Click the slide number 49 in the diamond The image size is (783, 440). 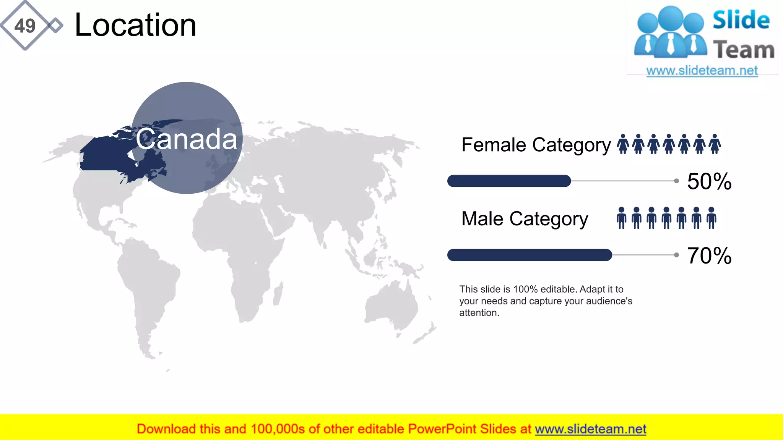click(x=25, y=26)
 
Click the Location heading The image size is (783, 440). click(x=135, y=25)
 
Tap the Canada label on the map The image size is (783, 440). click(x=187, y=139)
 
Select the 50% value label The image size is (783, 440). click(x=709, y=181)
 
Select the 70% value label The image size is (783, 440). click(x=709, y=256)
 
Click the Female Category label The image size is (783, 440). click(x=536, y=145)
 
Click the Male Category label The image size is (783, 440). click(x=525, y=219)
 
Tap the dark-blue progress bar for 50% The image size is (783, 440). click(x=509, y=181)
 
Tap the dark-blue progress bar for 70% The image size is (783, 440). click(x=530, y=255)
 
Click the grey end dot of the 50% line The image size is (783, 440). click(x=676, y=181)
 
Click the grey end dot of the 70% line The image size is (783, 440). click(x=676, y=255)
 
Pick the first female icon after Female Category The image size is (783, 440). click(x=623, y=144)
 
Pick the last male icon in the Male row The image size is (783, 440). click(x=711, y=218)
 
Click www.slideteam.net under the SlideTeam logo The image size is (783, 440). click(x=702, y=71)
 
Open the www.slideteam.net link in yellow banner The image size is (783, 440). click(x=590, y=429)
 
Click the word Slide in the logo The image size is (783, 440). click(x=741, y=20)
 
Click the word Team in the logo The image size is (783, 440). click(x=744, y=50)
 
